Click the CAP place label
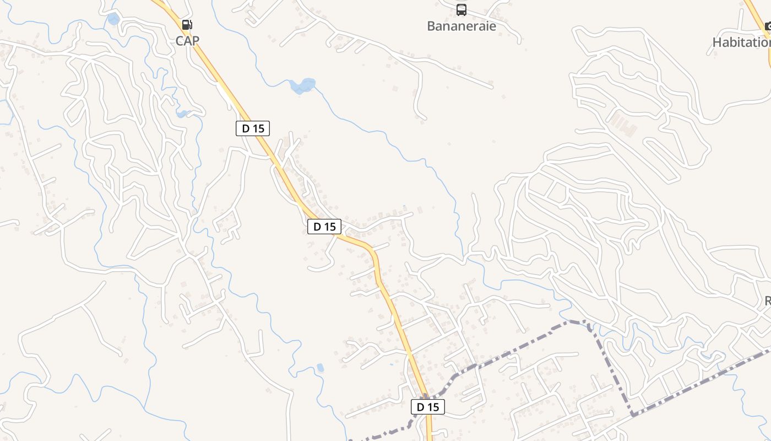(x=187, y=40)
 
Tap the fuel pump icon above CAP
(x=187, y=25)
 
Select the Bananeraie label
(x=461, y=26)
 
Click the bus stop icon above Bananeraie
(x=461, y=10)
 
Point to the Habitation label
(x=741, y=42)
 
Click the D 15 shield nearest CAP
(x=253, y=128)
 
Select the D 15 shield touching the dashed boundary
(x=427, y=407)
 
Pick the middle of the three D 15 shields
(x=324, y=226)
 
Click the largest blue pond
(x=303, y=85)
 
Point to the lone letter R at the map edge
(x=767, y=301)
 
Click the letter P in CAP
(x=195, y=40)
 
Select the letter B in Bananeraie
(x=431, y=26)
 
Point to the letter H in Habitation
(x=717, y=42)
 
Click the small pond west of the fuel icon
(x=113, y=20)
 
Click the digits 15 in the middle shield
(x=329, y=226)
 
